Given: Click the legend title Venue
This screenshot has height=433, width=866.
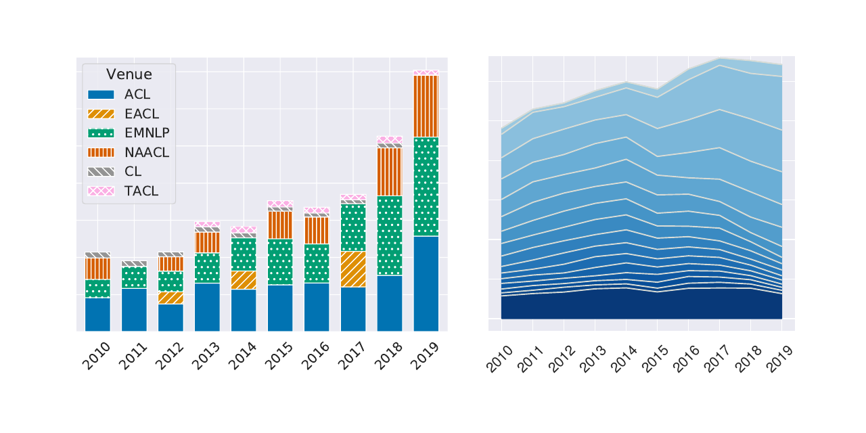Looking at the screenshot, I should pos(129,74).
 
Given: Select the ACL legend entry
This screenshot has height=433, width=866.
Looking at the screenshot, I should pos(137,94).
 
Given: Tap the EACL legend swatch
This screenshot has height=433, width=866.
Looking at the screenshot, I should pos(101,114).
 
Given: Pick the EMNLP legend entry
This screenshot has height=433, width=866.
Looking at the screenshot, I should pos(147,133).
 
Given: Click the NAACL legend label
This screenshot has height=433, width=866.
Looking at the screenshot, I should pos(147,152).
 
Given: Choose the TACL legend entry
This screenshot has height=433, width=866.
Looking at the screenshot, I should pos(141,191).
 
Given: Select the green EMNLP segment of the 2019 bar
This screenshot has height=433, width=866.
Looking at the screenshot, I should pos(426,186).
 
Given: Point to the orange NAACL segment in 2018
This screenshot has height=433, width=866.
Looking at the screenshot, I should pos(390,171).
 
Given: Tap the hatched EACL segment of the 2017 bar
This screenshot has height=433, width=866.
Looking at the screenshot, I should pos(353,269).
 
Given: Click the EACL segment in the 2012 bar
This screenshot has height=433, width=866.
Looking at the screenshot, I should pos(170,298).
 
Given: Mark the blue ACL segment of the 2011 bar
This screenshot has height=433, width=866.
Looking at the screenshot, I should pos(134,309).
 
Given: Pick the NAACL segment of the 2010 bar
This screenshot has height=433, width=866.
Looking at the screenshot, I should pos(97,268).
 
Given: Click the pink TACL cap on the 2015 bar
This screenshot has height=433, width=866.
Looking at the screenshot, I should pos(280,204).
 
